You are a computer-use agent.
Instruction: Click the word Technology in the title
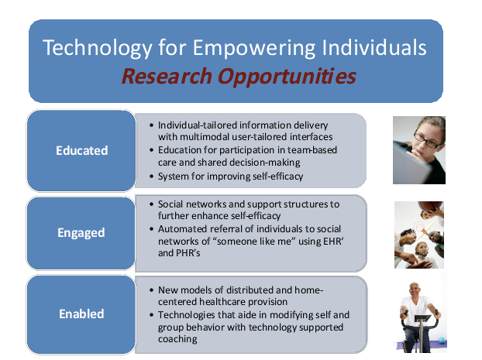click(98, 49)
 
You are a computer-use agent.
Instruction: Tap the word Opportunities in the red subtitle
click(287, 77)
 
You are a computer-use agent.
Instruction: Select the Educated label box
click(81, 150)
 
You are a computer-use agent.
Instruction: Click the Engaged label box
click(81, 233)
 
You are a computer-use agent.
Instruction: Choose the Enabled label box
click(81, 314)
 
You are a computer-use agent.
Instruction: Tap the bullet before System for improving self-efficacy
click(151, 177)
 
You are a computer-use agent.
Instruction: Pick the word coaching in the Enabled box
click(177, 339)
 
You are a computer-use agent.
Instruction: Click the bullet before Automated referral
click(151, 229)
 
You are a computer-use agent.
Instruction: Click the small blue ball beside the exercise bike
click(442, 341)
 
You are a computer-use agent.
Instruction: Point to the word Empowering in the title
click(254, 49)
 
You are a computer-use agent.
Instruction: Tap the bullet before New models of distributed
click(151, 290)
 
